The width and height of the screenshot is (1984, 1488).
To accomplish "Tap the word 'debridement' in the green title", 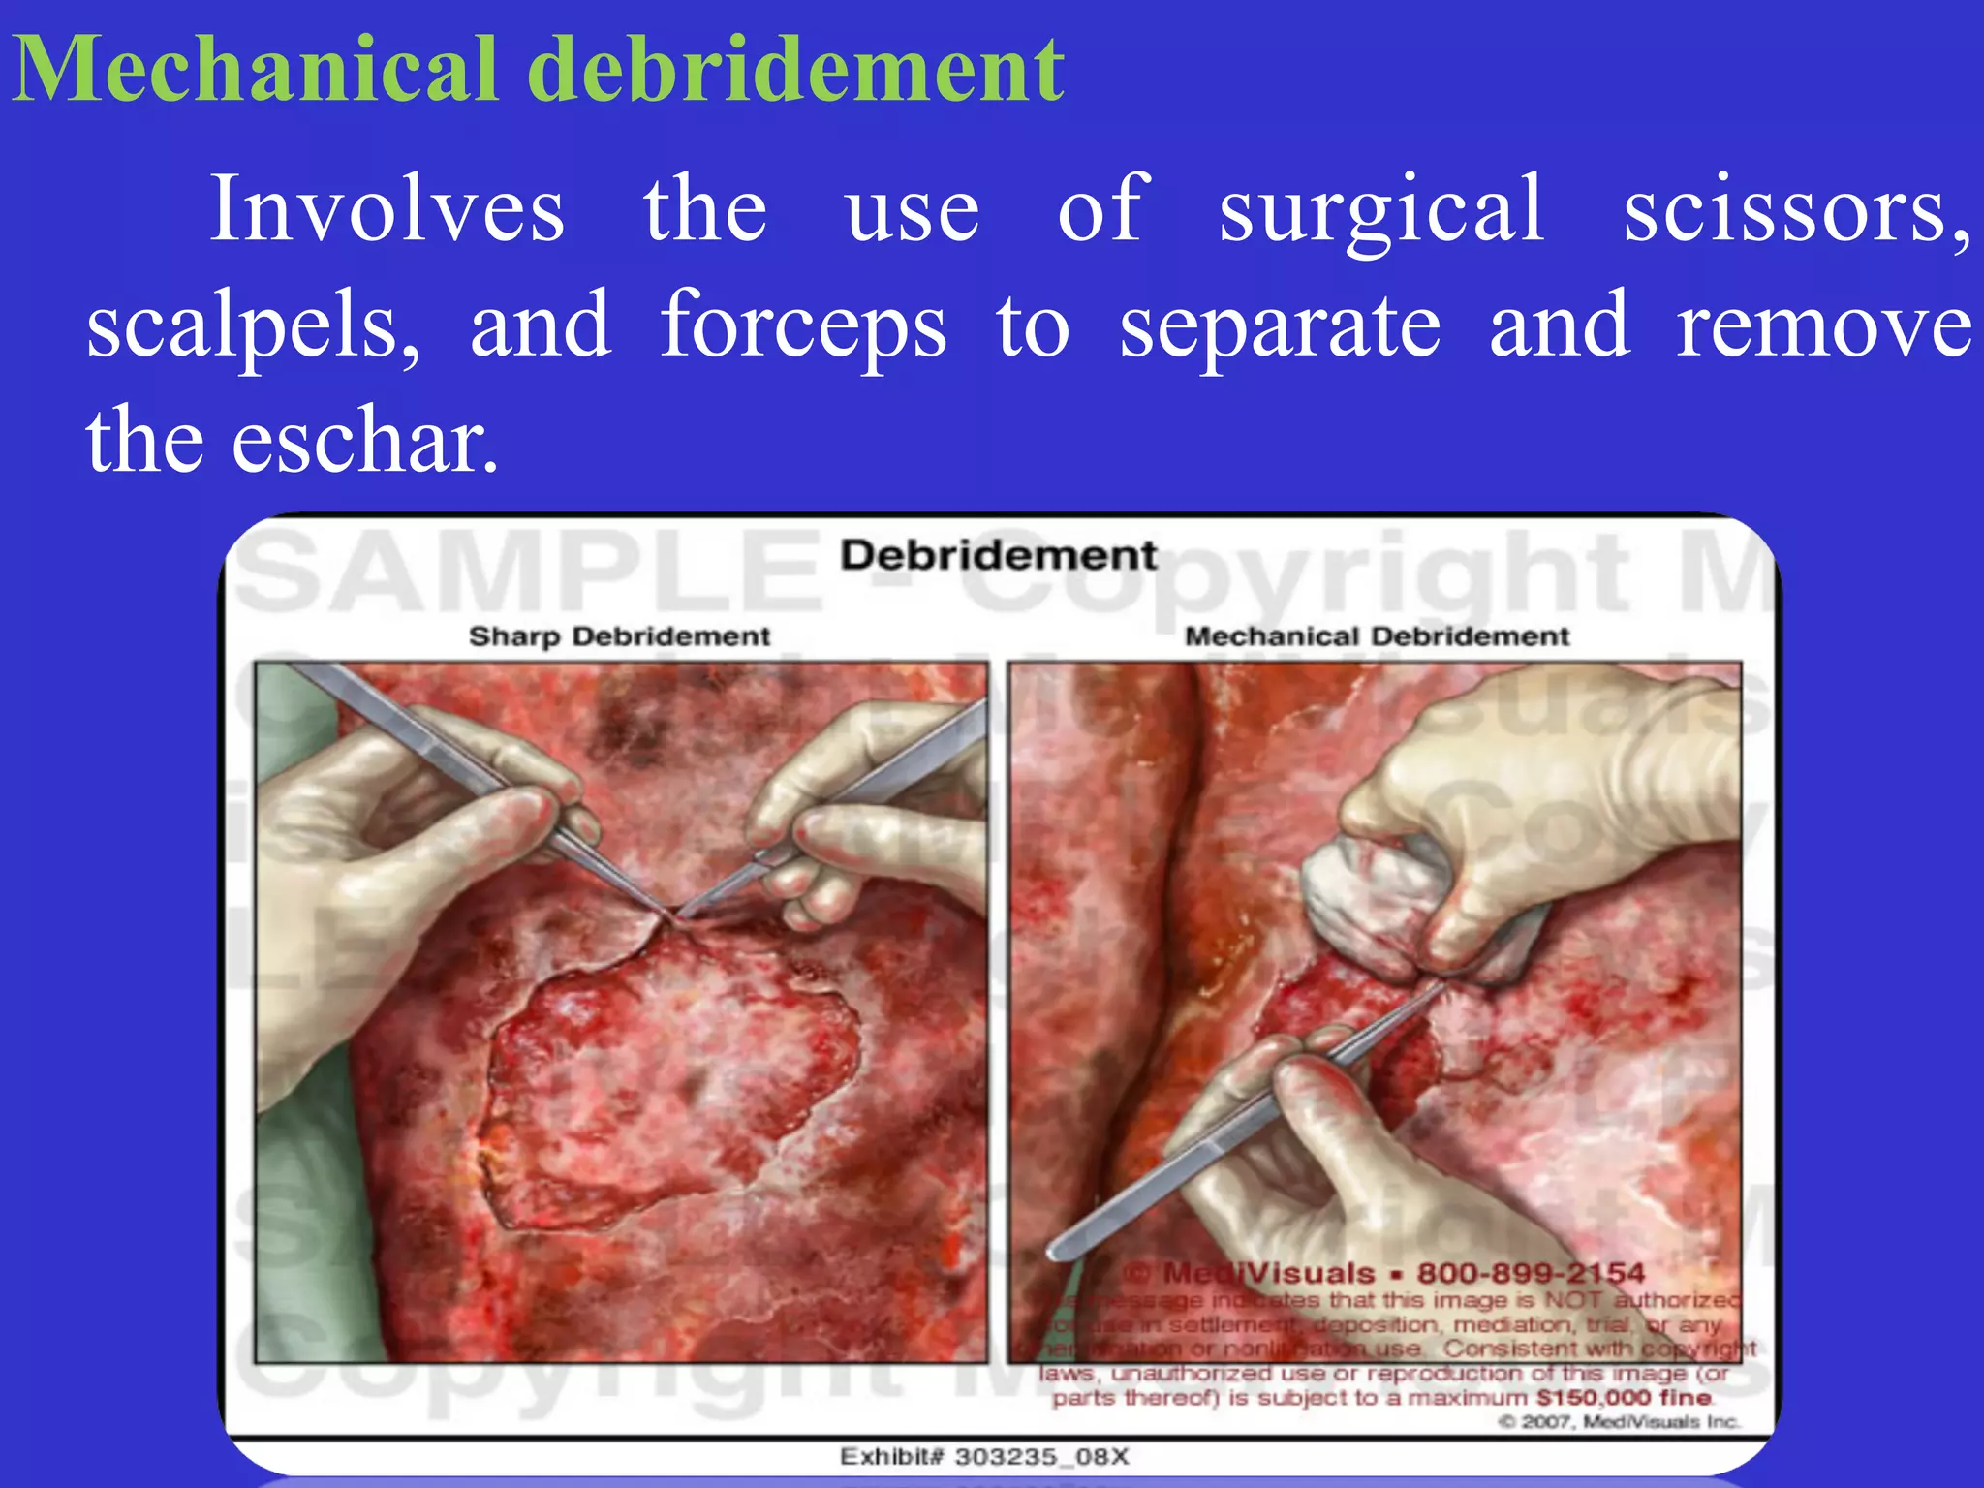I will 799,70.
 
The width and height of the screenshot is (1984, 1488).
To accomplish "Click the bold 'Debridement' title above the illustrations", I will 998,556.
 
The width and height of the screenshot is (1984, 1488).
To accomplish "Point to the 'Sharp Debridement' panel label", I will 619,636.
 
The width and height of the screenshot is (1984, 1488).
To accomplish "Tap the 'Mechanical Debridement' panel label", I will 1377,636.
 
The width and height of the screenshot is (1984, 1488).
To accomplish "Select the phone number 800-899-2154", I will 1531,1273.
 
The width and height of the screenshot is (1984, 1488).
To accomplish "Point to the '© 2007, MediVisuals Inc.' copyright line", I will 1619,1422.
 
